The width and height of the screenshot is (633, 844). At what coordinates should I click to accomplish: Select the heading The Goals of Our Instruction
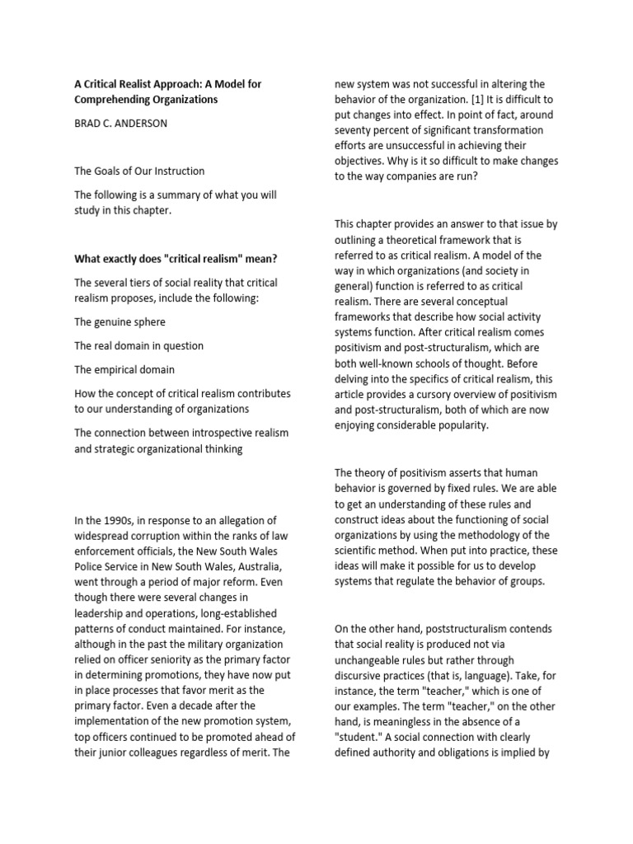pos(139,171)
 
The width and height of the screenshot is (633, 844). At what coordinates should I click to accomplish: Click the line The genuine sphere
pos(119,321)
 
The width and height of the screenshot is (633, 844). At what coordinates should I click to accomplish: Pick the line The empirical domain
pos(124,369)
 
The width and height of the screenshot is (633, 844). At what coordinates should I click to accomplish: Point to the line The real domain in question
pos(138,345)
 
